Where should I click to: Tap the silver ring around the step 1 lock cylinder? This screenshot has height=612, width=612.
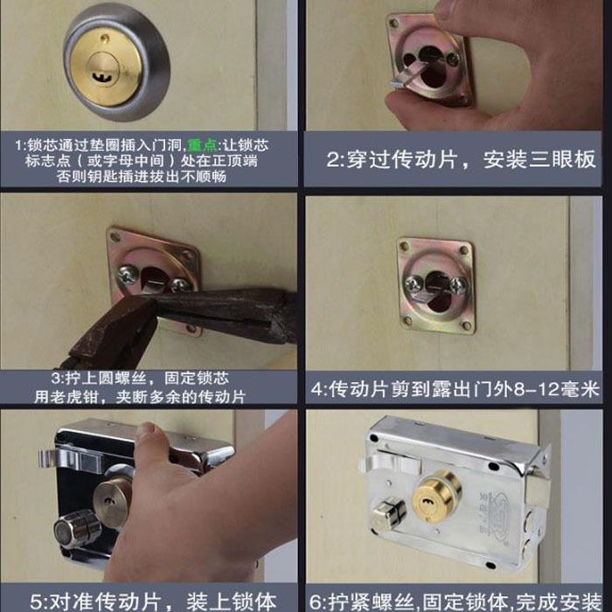pos(77,96)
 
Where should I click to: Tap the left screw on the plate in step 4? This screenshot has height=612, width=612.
pos(413,282)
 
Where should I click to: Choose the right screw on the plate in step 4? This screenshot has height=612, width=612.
pos(457,282)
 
